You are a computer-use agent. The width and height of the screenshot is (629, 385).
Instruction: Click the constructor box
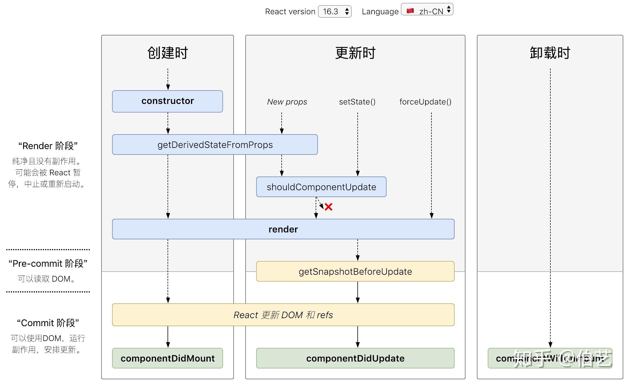coord(168,101)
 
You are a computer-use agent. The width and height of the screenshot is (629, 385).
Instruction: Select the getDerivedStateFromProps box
coord(215,145)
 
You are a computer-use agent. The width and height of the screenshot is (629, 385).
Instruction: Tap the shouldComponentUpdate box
coord(321,187)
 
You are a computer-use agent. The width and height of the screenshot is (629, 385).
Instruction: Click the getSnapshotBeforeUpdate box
coord(355,271)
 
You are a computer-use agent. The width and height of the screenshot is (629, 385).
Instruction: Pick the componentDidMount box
coord(168,358)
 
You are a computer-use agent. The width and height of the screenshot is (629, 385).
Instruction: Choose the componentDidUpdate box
coord(355,358)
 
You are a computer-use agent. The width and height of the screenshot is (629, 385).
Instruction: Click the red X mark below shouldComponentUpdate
coord(329,207)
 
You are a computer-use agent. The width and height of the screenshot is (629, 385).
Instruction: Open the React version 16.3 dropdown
coord(335,11)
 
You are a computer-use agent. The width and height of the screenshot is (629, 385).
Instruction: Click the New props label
coord(287,102)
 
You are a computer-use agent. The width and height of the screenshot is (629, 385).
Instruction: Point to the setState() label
coord(357,102)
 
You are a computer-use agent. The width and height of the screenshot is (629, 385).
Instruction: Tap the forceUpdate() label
coord(425,102)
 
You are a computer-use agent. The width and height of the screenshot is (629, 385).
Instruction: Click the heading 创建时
coord(168,53)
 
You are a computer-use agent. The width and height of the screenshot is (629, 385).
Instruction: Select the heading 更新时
coord(355,53)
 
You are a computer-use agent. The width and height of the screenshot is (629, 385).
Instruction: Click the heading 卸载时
coord(550,53)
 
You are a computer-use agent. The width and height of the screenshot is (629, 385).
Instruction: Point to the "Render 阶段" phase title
coord(48,146)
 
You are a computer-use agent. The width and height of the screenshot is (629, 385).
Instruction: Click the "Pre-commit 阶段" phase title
coord(48,263)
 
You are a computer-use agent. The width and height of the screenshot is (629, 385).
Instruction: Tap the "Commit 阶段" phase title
coord(48,323)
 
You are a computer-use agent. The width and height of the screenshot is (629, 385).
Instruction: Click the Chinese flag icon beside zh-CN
coord(410,11)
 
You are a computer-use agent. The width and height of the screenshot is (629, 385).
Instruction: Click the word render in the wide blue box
coord(283,229)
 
